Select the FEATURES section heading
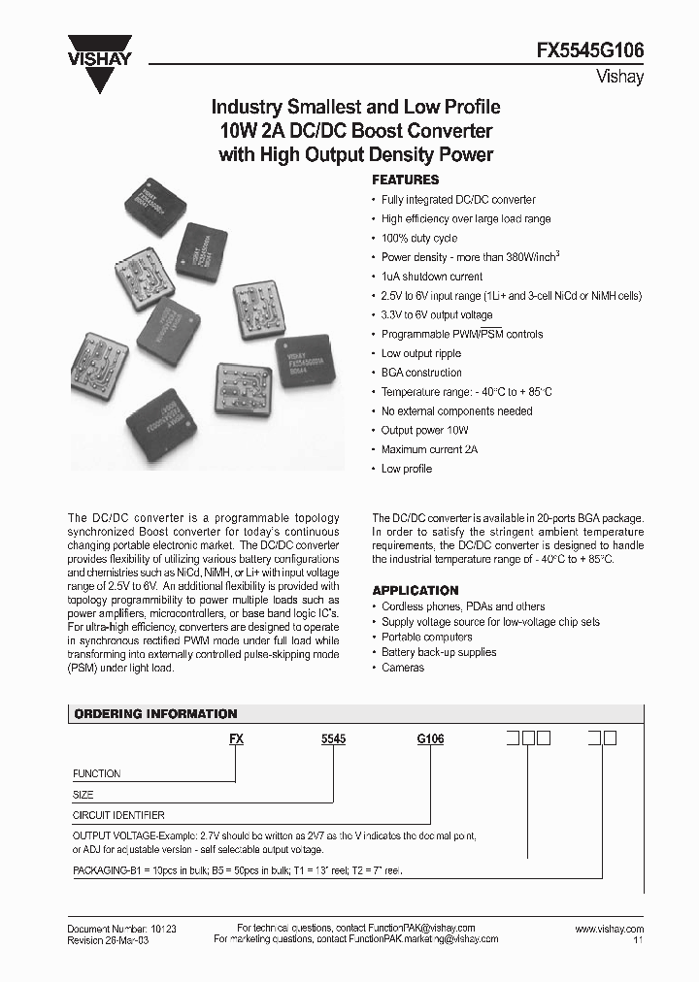tap(406, 180)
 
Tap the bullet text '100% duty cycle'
tap(418, 238)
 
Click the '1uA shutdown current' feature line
tap(431, 277)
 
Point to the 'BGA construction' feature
tap(421, 373)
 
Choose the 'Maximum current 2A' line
tap(429, 449)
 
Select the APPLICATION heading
tap(416, 590)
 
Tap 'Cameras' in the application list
tap(402, 668)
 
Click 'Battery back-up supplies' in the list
tap(438, 652)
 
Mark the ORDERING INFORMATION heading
tap(155, 714)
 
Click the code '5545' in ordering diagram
tap(333, 739)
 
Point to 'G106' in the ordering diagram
tap(430, 739)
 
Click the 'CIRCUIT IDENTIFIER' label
tap(118, 816)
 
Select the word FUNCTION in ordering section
tap(97, 773)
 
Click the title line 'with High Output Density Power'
tap(356, 153)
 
